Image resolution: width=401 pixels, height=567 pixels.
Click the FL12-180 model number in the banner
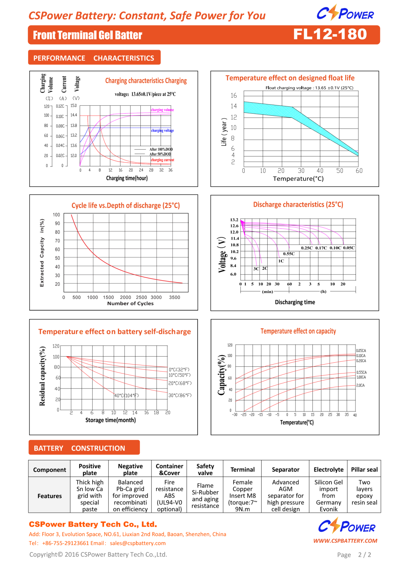click(x=330, y=34)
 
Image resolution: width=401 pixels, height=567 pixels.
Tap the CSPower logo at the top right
click(x=345, y=13)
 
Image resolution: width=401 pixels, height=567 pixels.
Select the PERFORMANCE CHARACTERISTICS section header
click(x=94, y=58)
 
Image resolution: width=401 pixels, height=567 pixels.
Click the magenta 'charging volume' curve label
click(x=162, y=110)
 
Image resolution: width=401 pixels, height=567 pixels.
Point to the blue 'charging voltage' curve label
click(x=162, y=131)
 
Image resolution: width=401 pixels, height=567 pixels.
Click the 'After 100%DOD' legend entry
click(x=161, y=149)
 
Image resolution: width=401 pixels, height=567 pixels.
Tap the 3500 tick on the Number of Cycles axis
click(x=174, y=297)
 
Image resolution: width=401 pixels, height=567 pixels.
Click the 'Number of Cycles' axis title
click(x=130, y=304)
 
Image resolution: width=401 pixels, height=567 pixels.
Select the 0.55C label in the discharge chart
click(x=289, y=254)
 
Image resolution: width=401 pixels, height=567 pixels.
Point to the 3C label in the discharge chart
click(x=256, y=269)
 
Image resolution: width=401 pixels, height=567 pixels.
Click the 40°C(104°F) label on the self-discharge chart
click(x=127, y=395)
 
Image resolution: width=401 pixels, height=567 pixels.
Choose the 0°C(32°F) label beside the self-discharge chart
click(x=179, y=369)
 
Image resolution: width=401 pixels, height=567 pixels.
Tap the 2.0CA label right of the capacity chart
click(x=360, y=385)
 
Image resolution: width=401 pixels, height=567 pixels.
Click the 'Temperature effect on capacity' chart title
click(x=298, y=331)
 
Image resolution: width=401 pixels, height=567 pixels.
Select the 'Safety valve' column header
click(x=205, y=469)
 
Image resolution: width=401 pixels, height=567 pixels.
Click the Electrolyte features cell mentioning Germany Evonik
click(x=328, y=495)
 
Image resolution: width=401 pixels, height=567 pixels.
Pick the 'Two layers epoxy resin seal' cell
click(x=364, y=492)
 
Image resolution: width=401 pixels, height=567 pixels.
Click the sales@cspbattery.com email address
click(x=138, y=543)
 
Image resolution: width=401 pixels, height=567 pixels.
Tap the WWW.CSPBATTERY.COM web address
click(x=345, y=541)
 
